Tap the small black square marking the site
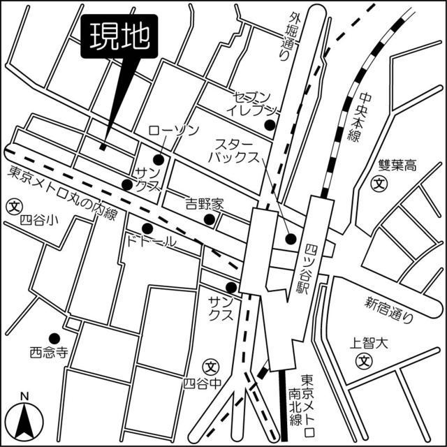coord(103,147)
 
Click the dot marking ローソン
coord(159,160)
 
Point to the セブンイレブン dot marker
coord(269,125)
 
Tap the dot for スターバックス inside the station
coord(291,239)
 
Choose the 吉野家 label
coord(203,204)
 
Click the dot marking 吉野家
coord(209,219)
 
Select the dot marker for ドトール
coord(147,228)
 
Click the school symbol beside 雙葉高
coord(379,184)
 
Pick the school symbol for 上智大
coord(363,360)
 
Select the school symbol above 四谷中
coord(212,365)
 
